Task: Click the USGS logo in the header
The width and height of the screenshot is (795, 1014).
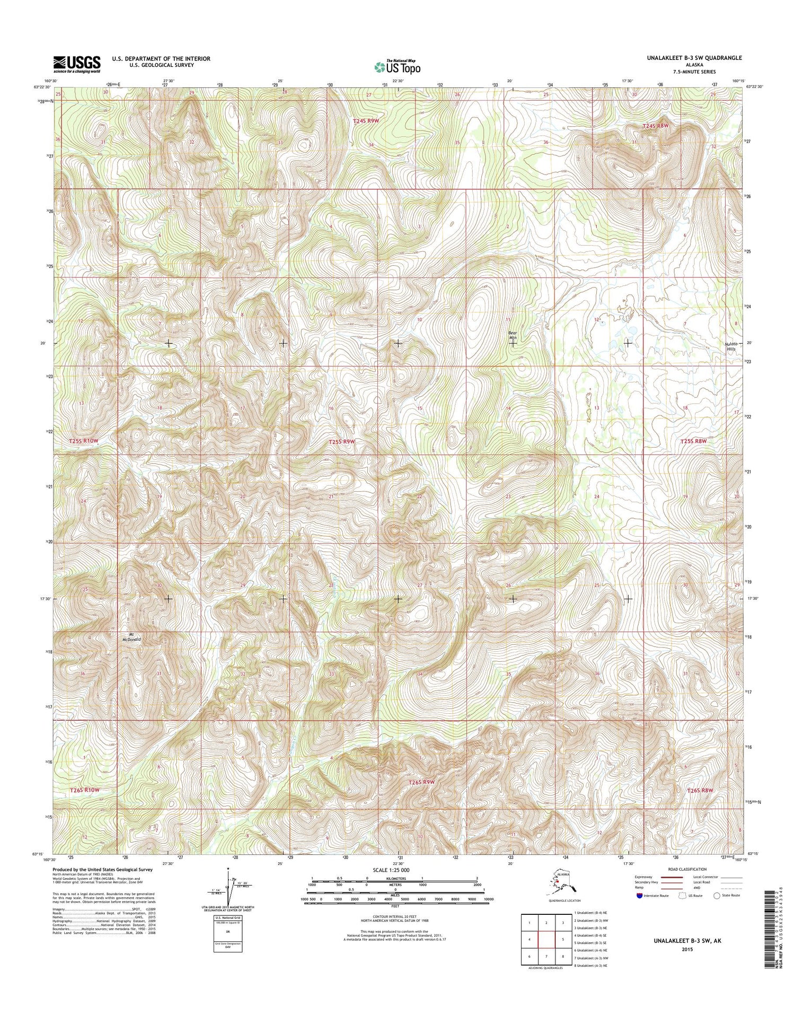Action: click(x=76, y=64)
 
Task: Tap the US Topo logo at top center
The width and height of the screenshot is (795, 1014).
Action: click(x=397, y=67)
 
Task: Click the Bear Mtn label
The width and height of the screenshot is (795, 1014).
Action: click(x=513, y=336)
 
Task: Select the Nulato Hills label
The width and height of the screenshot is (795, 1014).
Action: click(x=731, y=346)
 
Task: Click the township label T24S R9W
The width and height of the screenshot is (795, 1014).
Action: click(x=366, y=121)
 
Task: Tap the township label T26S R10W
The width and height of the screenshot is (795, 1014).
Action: click(x=85, y=790)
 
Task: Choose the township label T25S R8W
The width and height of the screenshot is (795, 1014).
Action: click(x=694, y=441)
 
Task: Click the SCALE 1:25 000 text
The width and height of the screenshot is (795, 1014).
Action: click(x=394, y=870)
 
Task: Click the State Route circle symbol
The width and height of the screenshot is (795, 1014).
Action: click(x=717, y=896)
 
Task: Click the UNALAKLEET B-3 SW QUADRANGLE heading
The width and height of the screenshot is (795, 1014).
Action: click(x=694, y=58)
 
